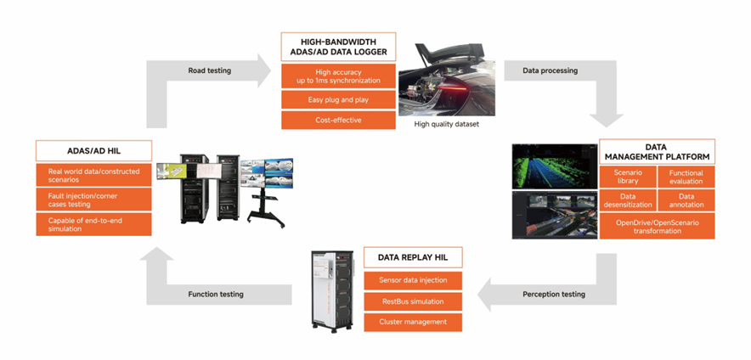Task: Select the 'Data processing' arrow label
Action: click(x=551, y=70)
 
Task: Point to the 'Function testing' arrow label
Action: click(x=216, y=294)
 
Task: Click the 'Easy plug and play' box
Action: click(x=338, y=99)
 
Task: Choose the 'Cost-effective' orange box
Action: click(x=338, y=120)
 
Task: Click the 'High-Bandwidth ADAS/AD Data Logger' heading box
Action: click(x=338, y=47)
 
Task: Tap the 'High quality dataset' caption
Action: click(x=447, y=124)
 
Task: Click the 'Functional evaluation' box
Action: click(x=686, y=177)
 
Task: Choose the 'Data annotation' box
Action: click(x=686, y=200)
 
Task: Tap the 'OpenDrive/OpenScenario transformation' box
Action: click(x=657, y=226)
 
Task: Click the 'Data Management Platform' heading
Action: click(x=657, y=151)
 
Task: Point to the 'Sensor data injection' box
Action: click(x=413, y=279)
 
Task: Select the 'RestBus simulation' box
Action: click(x=413, y=301)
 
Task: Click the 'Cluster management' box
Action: click(x=413, y=322)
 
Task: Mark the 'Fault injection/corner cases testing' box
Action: click(x=93, y=200)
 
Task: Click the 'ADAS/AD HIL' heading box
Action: click(x=93, y=151)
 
